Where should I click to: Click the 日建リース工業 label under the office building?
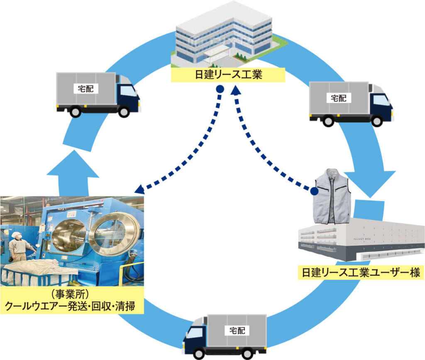228,75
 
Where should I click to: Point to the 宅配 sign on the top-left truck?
86,88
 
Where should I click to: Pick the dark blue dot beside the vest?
315,191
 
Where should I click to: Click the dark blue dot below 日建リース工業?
220,89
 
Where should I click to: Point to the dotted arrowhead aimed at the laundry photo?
139,189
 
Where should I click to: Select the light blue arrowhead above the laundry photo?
73,164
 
